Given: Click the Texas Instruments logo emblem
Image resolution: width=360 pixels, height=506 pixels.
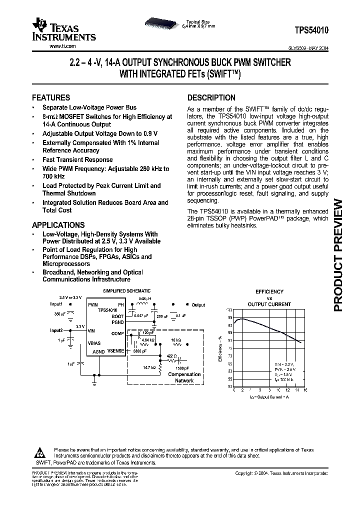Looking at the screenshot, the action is click(x=38, y=24).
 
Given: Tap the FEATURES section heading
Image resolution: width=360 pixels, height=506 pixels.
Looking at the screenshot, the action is click(x=51, y=97).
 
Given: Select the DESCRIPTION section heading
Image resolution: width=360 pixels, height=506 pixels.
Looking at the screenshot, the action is click(x=211, y=98).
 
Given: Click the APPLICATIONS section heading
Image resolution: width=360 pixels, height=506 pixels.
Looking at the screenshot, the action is click(x=58, y=225).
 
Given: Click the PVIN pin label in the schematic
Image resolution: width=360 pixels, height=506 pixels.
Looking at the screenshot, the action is click(x=93, y=304).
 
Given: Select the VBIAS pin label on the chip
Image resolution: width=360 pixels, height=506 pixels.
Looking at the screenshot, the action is click(x=94, y=343).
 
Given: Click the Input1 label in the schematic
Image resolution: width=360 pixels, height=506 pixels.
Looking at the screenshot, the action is click(x=56, y=304).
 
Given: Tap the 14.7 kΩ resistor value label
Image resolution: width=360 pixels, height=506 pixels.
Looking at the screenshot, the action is click(x=149, y=367).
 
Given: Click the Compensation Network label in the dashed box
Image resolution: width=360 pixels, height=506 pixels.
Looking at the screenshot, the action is click(x=184, y=377).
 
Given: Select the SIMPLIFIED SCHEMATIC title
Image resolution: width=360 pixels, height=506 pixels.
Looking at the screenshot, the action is click(x=126, y=291).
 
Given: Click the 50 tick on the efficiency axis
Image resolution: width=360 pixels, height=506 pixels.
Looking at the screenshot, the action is click(x=230, y=386).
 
